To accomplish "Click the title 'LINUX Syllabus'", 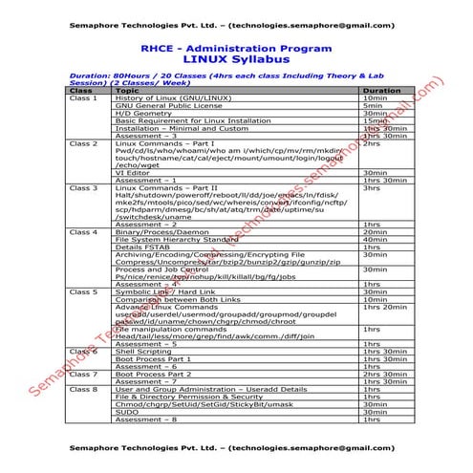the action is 235,59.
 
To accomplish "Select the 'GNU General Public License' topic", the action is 162,106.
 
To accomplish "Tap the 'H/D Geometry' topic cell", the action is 138,114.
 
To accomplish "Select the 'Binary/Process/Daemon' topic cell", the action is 159,232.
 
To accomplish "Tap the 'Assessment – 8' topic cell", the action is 144,419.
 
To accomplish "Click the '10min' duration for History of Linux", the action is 374,98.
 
